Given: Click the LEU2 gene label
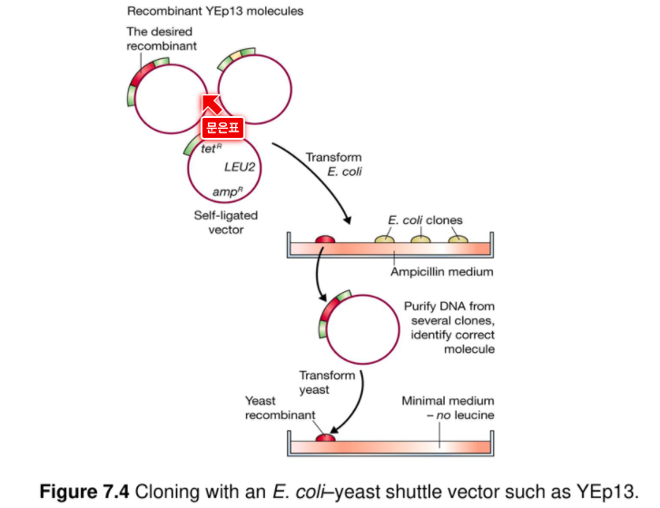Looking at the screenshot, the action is pyautogui.click(x=240, y=168).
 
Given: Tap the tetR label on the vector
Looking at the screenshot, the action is pyautogui.click(x=211, y=149).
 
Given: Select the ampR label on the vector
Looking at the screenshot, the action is pyautogui.click(x=228, y=191).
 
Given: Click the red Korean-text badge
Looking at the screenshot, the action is pyautogui.click(x=222, y=127).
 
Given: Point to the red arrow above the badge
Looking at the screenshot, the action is pyautogui.click(x=212, y=104).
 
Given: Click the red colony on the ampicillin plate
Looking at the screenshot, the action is pyautogui.click(x=325, y=239).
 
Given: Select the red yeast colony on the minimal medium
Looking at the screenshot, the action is pyautogui.click(x=325, y=438).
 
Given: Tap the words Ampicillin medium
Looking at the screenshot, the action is pyautogui.click(x=441, y=271).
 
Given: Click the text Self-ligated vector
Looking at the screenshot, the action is pyautogui.click(x=226, y=222).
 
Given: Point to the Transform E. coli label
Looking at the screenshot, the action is pyautogui.click(x=334, y=164).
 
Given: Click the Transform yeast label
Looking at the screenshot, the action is pyautogui.click(x=327, y=382).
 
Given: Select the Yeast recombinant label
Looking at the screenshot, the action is pyautogui.click(x=280, y=408).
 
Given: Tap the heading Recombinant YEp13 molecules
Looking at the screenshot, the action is pyautogui.click(x=215, y=11).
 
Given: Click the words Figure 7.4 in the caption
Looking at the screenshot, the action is pyautogui.click(x=84, y=491).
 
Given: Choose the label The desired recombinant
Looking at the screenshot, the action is pyautogui.click(x=162, y=39).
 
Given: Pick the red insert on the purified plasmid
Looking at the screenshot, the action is pyautogui.click(x=330, y=310).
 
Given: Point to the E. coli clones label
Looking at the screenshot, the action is pyautogui.click(x=425, y=220).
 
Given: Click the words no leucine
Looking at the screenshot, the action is pyautogui.click(x=465, y=415).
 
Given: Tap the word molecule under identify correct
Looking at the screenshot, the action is pyautogui.click(x=469, y=349).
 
